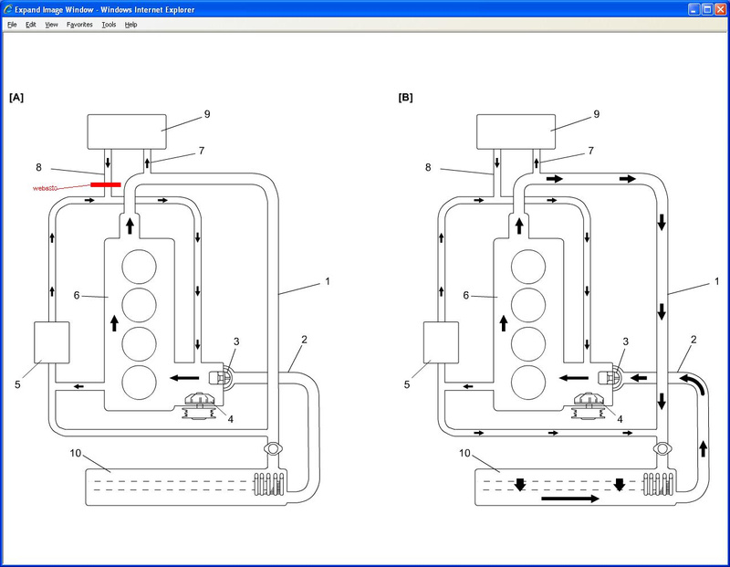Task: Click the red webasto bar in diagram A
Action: pyautogui.click(x=106, y=185)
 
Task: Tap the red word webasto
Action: pyautogui.click(x=45, y=188)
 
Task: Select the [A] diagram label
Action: pyautogui.click(x=16, y=98)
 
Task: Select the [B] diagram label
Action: pyautogui.click(x=405, y=98)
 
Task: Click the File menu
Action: pyautogui.click(x=12, y=25)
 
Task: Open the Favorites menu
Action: pyautogui.click(x=79, y=25)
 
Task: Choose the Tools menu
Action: pyautogui.click(x=109, y=25)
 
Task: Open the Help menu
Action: pyautogui.click(x=130, y=25)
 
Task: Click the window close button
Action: pyautogui.click(x=720, y=9)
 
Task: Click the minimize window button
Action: pyautogui.click(x=694, y=9)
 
